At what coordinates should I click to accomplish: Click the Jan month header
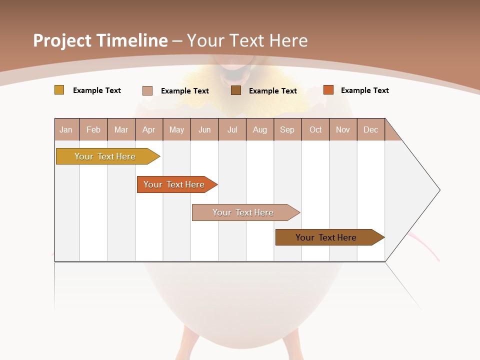(x=66, y=129)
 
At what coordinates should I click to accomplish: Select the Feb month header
(x=93, y=129)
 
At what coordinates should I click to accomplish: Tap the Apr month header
(x=148, y=129)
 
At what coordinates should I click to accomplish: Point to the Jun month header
(x=204, y=129)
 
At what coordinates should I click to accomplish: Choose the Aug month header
(x=259, y=129)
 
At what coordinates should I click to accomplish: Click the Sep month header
(x=287, y=129)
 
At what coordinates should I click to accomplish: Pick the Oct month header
(x=315, y=129)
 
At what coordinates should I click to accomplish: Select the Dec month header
(x=370, y=129)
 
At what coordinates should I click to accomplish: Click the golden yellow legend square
(x=59, y=90)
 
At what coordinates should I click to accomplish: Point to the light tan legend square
(x=147, y=90)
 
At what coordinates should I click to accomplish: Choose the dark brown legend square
(x=236, y=90)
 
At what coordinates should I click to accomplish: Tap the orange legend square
(x=328, y=90)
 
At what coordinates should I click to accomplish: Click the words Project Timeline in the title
(x=100, y=40)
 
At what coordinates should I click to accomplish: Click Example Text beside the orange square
(x=364, y=90)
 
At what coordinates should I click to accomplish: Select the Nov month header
(x=343, y=129)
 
